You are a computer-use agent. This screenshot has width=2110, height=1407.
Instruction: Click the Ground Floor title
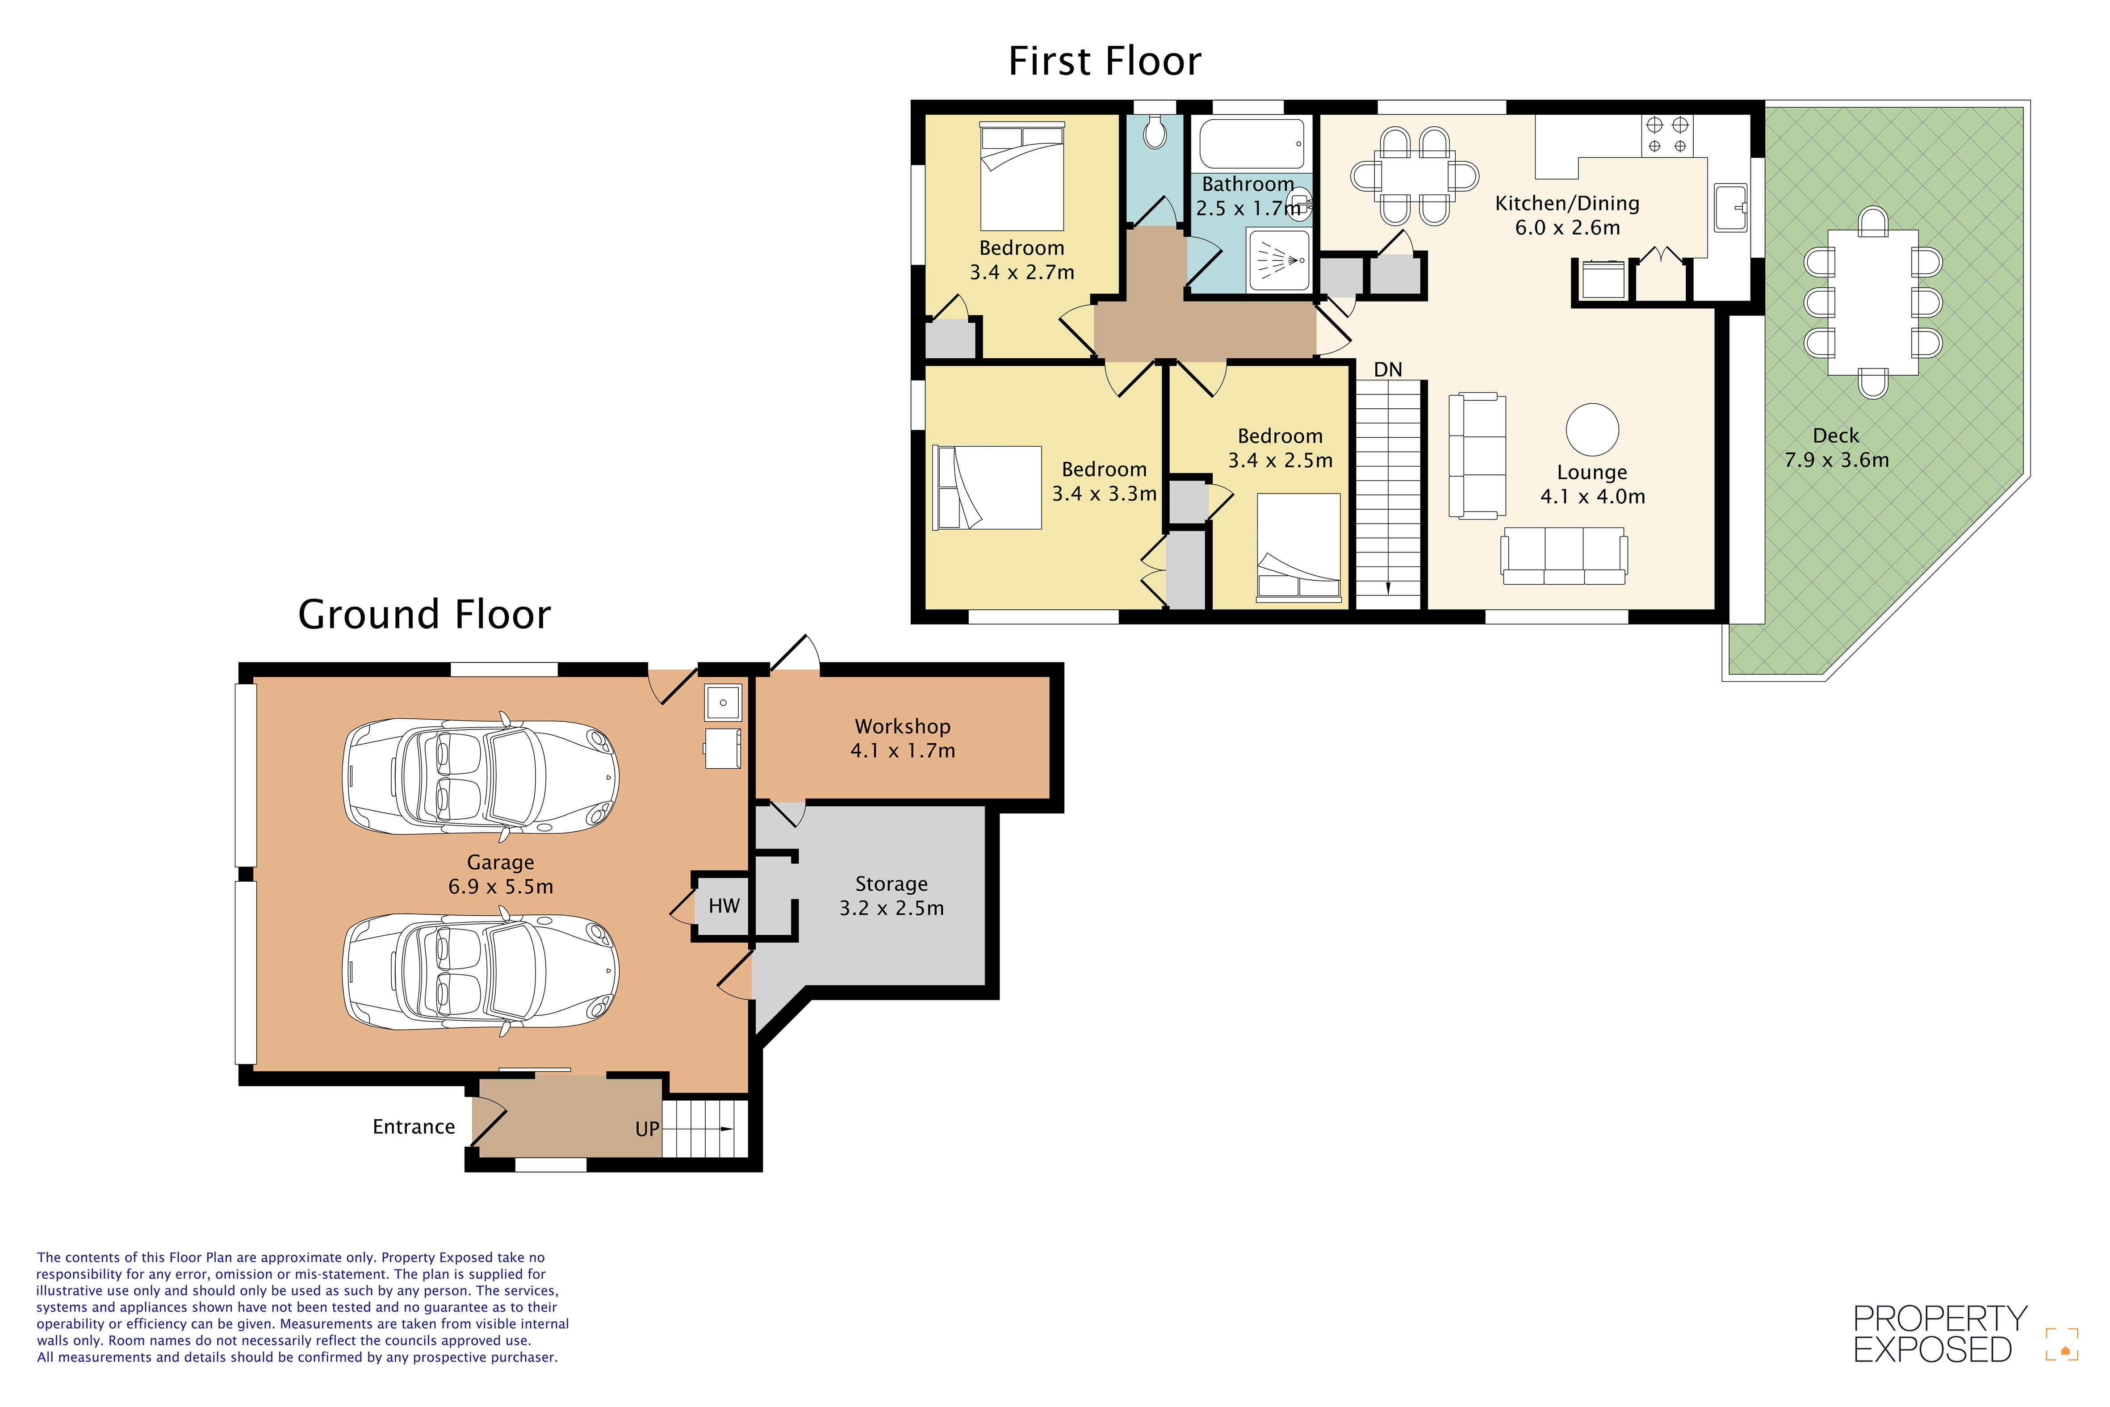tap(424, 615)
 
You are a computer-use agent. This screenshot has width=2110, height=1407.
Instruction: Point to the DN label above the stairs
tap(1388, 370)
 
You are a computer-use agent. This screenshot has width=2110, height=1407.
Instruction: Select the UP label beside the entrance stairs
tap(647, 1129)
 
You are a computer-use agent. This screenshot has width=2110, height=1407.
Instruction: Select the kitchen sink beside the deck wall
tap(1730, 207)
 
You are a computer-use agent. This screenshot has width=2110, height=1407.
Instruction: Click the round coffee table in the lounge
tap(1592, 430)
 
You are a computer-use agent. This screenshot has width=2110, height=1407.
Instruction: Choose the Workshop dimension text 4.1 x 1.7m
tap(903, 751)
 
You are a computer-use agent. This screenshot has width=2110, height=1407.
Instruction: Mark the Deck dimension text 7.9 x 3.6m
tap(1836, 461)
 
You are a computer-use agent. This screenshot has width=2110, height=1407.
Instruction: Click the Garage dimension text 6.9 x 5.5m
tap(501, 887)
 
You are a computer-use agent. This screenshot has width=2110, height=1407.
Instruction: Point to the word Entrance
tap(414, 1127)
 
